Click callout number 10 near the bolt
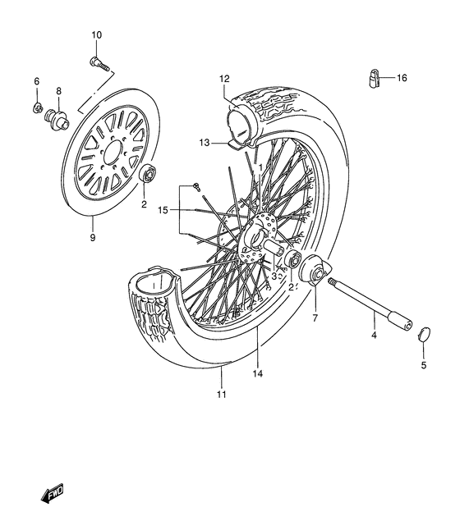point(96,34)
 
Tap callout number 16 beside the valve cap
point(402,79)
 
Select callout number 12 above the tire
point(223,79)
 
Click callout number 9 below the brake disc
point(93,238)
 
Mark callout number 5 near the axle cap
point(423,364)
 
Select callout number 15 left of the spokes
point(162,210)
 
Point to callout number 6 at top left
point(36,81)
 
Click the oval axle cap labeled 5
point(422,333)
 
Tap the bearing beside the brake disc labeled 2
point(149,173)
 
